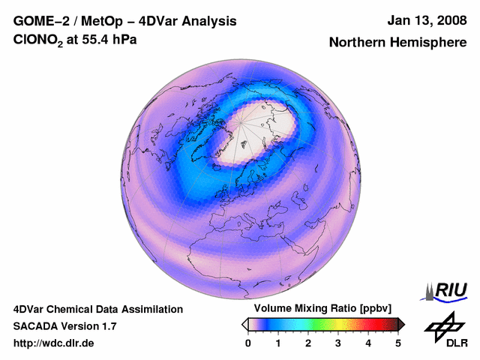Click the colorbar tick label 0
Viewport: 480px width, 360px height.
tap(248, 343)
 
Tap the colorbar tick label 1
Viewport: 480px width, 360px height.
tap(278, 343)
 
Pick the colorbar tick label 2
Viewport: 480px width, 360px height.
tap(308, 343)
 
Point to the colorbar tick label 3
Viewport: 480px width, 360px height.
tap(338, 343)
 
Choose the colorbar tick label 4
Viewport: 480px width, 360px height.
tap(368, 343)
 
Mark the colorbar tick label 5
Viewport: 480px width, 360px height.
tap(398, 343)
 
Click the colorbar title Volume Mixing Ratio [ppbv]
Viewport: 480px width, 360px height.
tap(319, 309)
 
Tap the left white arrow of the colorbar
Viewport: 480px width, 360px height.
tap(244, 324)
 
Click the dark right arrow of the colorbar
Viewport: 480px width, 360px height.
tap(402, 324)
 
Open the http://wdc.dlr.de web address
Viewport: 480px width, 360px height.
tap(54, 343)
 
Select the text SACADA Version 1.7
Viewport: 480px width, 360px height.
tap(64, 326)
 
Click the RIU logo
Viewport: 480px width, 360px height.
tap(445, 290)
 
